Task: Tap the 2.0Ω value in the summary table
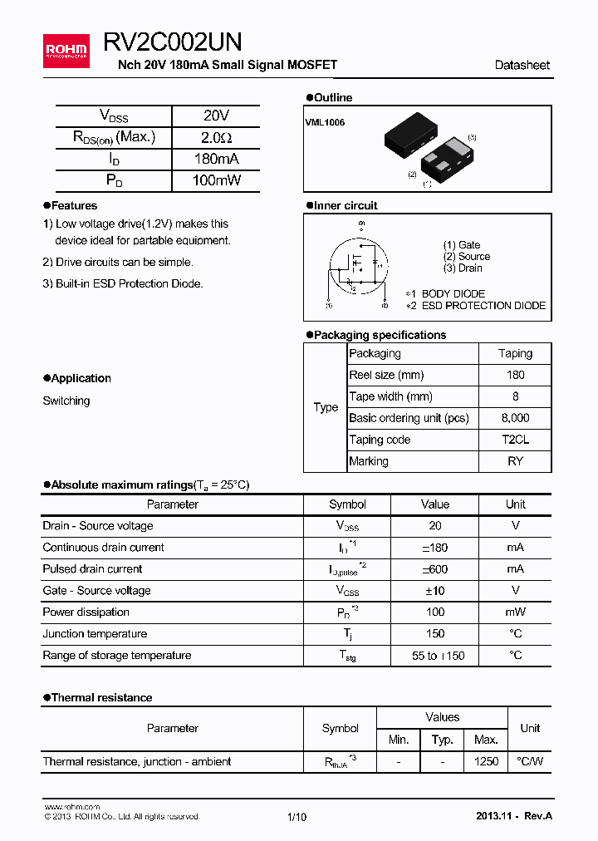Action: (216, 137)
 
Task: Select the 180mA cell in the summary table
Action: (216, 159)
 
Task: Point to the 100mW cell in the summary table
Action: (216, 180)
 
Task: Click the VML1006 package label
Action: (325, 122)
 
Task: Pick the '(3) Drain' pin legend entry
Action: (463, 268)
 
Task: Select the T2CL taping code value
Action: (515, 440)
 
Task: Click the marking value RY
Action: (515, 461)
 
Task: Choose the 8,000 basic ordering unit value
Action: (515, 418)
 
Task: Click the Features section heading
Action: (74, 205)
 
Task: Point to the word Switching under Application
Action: (66, 401)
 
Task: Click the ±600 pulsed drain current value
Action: (434, 569)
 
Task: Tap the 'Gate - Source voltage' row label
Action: (96, 591)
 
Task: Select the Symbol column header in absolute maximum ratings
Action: (347, 504)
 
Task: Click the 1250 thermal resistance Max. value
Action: (486, 761)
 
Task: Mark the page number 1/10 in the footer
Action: (297, 817)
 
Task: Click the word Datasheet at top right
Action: (522, 65)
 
